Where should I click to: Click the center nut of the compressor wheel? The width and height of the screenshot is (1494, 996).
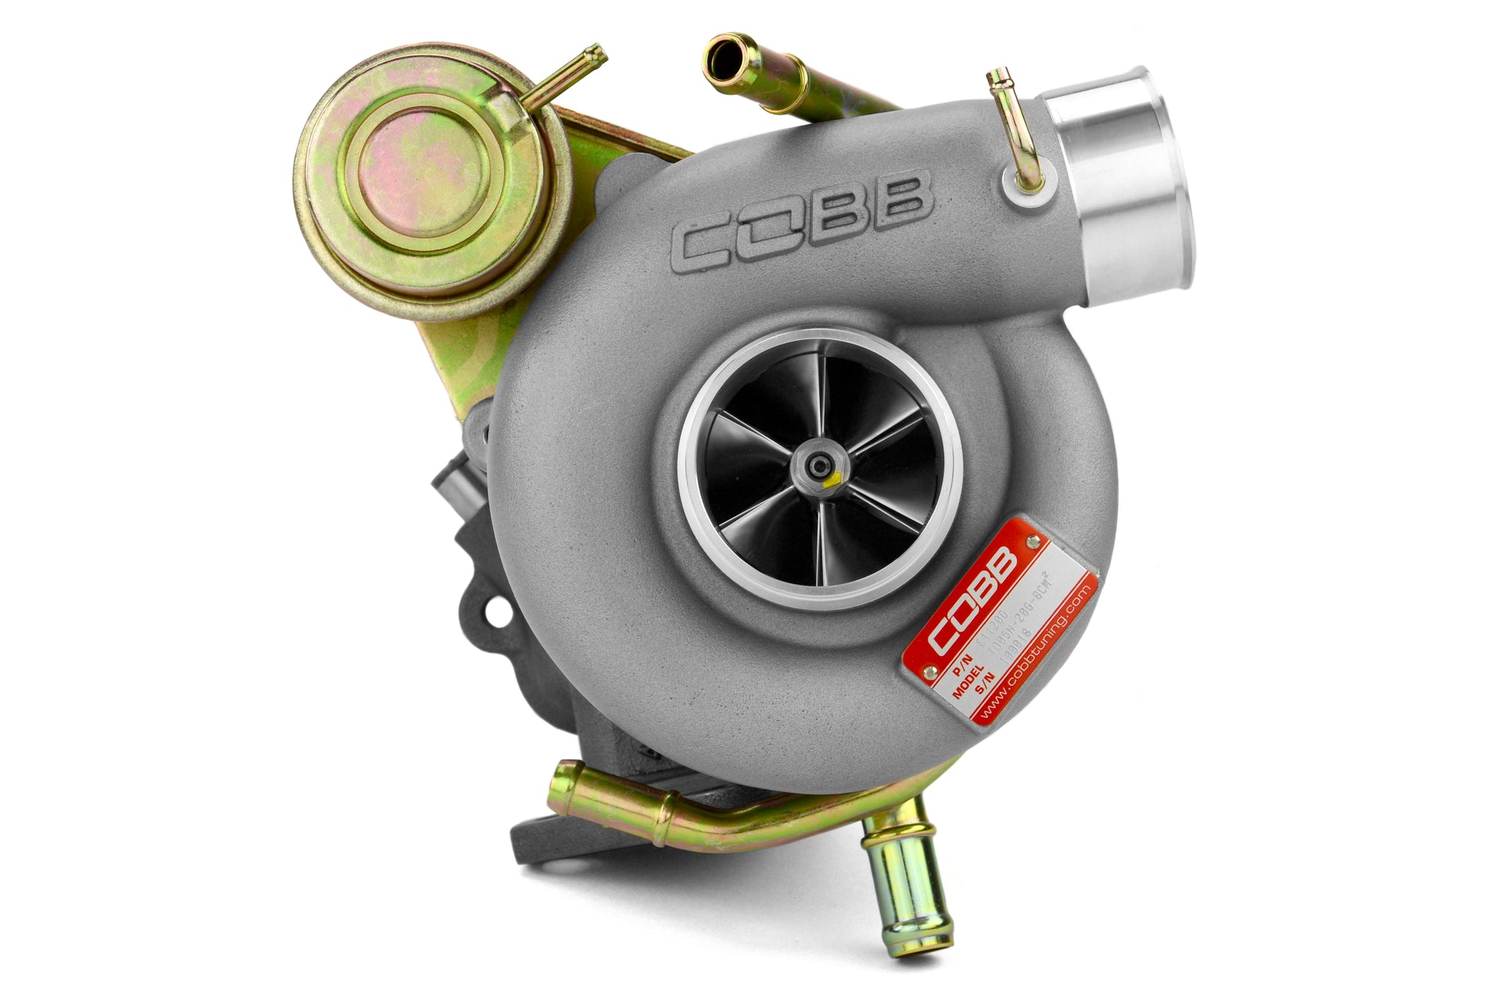pyautogui.click(x=821, y=464)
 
